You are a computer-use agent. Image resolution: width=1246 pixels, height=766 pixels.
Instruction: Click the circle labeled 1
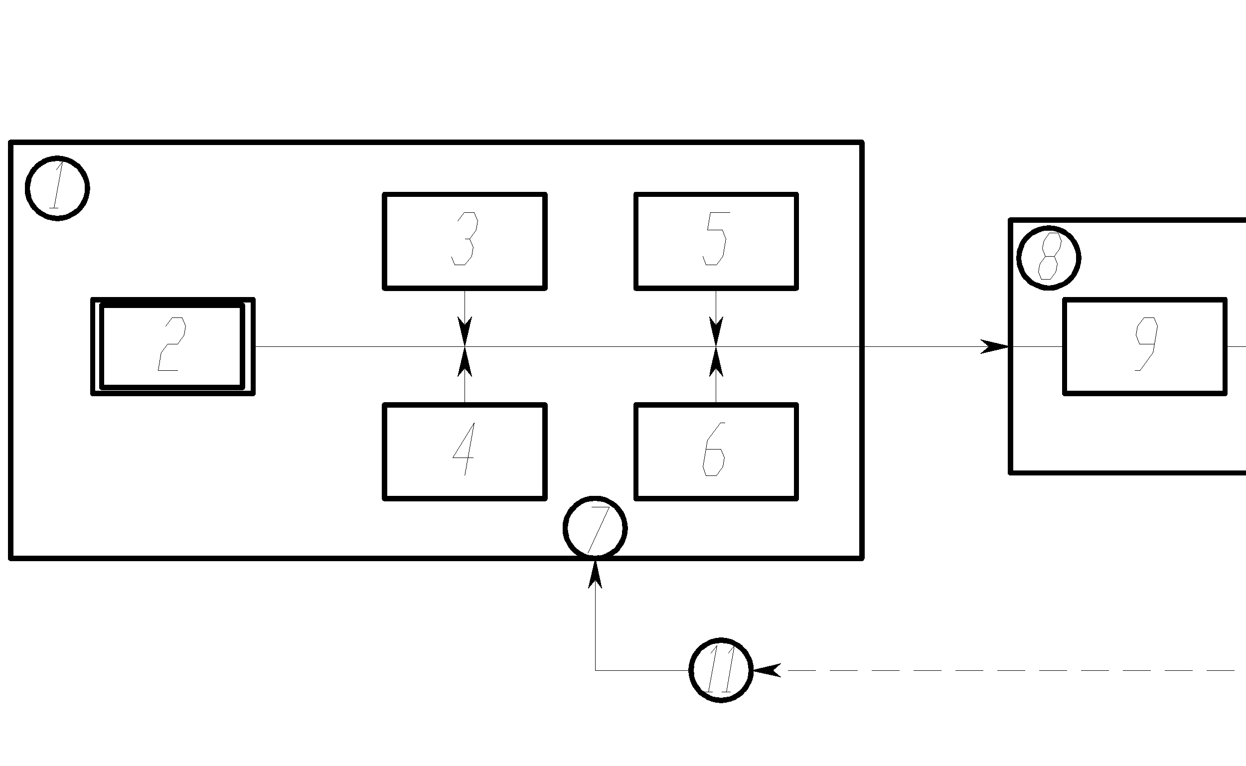tap(57, 188)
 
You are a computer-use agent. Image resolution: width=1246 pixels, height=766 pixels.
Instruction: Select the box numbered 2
tap(173, 346)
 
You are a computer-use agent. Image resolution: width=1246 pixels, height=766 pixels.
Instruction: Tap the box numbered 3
tap(465, 241)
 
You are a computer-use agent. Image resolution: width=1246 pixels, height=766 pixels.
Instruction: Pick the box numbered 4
tap(465, 452)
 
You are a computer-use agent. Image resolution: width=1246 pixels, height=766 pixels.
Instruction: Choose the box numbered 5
tap(716, 241)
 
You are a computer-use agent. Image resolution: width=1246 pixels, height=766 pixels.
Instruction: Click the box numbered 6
tap(716, 452)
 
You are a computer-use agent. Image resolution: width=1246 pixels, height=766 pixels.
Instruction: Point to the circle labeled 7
tap(595, 528)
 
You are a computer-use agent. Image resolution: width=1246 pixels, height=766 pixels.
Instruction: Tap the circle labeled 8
tap(1049, 258)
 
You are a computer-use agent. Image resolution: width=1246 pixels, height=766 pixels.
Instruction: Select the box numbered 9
tap(1145, 346)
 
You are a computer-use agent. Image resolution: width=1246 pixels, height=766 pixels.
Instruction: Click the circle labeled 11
tap(721, 670)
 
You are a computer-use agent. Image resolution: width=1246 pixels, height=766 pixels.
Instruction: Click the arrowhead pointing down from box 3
tap(465, 331)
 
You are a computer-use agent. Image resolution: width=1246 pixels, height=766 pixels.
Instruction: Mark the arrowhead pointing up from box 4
tap(465, 362)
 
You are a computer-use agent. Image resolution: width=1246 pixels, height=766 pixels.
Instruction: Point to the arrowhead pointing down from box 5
tap(716, 331)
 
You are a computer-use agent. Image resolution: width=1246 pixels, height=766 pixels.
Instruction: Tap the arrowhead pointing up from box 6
tap(716, 362)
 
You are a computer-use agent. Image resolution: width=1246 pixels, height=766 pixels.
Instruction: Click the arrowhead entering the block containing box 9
tap(995, 346)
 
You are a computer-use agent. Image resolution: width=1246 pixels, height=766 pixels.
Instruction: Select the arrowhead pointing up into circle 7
tap(595, 575)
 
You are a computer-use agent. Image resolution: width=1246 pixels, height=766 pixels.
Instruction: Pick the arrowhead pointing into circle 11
tap(767, 670)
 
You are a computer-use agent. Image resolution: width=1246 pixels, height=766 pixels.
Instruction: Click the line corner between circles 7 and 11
tap(595, 670)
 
